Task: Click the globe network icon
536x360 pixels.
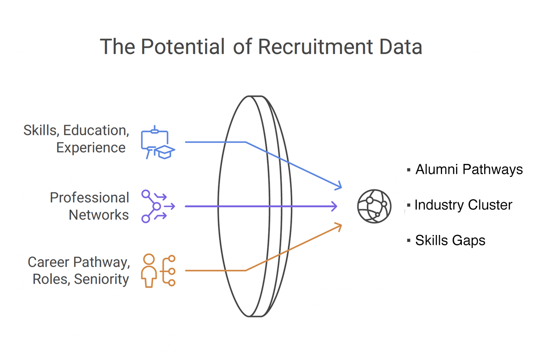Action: [x=374, y=206]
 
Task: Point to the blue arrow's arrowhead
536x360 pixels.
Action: [x=339, y=185]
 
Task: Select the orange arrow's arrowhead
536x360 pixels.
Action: [x=339, y=226]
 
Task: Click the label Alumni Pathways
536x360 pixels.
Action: [x=469, y=170]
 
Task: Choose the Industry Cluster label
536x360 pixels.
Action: [x=463, y=205]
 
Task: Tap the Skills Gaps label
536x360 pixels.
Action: [x=450, y=241]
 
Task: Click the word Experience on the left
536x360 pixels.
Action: [x=91, y=148]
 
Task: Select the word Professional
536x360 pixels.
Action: [x=89, y=197]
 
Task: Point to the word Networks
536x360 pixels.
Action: [x=99, y=215]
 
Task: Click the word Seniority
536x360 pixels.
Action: [x=101, y=279]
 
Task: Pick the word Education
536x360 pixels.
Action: [x=96, y=130]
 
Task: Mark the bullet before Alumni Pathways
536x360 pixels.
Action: [x=408, y=170]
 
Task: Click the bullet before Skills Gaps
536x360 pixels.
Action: [x=408, y=241]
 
